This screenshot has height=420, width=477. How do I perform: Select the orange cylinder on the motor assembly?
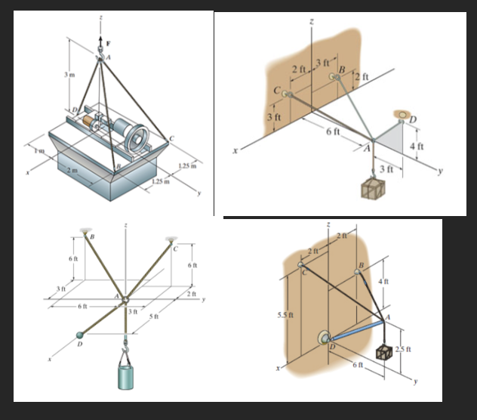pos(98,121)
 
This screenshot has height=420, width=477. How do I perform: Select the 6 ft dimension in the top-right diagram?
pos(333,132)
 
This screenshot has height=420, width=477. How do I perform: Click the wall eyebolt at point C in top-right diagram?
pos(286,93)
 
